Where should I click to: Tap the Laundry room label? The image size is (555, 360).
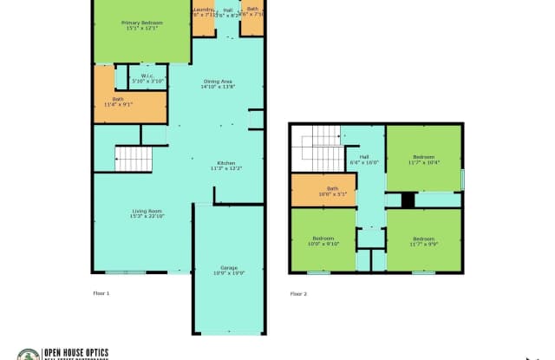point(204,11)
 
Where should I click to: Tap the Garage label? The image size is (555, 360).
point(229,269)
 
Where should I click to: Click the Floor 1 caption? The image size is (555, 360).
point(101,294)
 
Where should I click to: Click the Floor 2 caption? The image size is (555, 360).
point(298,294)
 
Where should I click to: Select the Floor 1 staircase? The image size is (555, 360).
point(134,159)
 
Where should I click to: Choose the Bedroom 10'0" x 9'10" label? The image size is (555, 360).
point(323,239)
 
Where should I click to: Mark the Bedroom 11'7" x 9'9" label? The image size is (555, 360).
point(423,240)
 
